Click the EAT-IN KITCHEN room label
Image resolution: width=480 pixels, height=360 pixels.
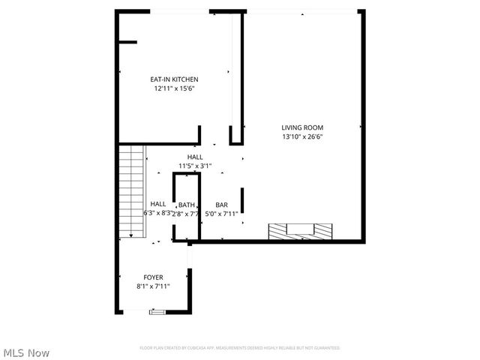[x=174, y=79]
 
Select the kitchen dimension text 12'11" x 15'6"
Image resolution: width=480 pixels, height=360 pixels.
[x=174, y=88]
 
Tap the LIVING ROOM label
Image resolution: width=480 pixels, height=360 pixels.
[x=302, y=127]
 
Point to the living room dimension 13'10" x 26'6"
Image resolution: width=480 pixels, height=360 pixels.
[x=302, y=137]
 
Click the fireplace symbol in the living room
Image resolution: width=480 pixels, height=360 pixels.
[x=298, y=230]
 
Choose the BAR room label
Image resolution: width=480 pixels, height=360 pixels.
[x=222, y=205]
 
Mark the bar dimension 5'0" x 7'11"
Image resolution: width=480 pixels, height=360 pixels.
[x=222, y=214]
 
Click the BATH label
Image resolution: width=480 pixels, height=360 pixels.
[x=187, y=205]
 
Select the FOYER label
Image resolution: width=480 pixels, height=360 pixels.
[x=154, y=277]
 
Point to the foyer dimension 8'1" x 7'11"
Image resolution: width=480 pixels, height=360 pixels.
[x=154, y=286]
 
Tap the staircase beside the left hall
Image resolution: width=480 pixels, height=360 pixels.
[x=131, y=190]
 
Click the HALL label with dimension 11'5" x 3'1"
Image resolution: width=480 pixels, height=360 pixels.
[x=195, y=157]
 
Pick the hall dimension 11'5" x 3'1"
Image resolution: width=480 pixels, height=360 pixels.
[x=195, y=166]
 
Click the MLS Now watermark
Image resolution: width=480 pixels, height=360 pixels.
[x=27, y=352]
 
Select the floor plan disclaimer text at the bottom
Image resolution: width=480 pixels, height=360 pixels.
[x=239, y=348]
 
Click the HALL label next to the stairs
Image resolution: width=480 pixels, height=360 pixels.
[x=158, y=204]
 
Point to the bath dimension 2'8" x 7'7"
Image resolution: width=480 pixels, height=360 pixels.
[x=187, y=214]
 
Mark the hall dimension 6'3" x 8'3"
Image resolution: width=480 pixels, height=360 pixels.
[x=158, y=214]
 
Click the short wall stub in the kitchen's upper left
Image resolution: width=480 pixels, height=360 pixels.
[x=127, y=43]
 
